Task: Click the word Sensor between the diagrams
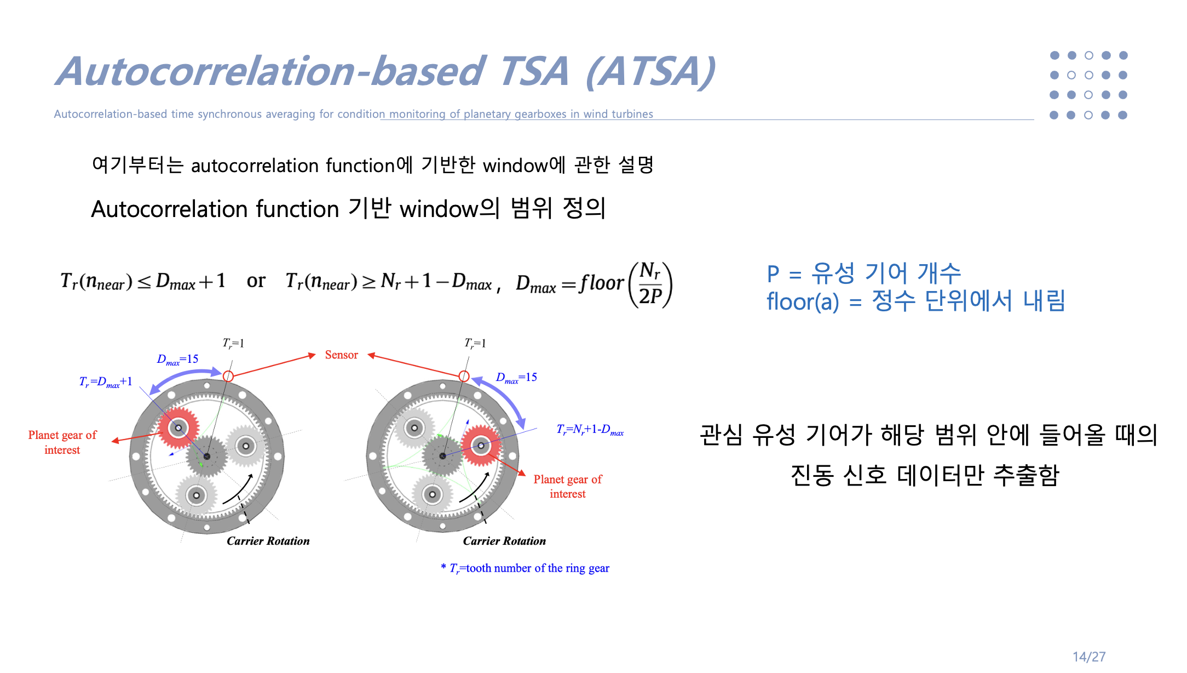(x=341, y=355)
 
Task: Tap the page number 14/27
(x=1088, y=657)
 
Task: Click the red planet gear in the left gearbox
(x=178, y=427)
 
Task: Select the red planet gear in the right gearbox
(x=481, y=446)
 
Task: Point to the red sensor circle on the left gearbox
(x=228, y=376)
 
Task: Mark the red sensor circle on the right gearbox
(x=464, y=376)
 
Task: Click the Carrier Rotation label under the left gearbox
(x=268, y=541)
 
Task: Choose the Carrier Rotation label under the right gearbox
(x=504, y=541)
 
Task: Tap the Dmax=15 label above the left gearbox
(x=177, y=360)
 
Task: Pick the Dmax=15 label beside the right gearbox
(x=516, y=378)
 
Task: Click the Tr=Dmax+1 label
(x=106, y=382)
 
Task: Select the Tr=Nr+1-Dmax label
(x=590, y=430)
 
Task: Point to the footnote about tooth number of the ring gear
(x=525, y=568)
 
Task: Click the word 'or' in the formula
(x=256, y=281)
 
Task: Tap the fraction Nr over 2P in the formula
(x=650, y=284)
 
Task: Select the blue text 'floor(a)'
(x=802, y=301)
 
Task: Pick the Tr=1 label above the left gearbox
(x=233, y=344)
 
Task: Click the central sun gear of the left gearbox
(x=206, y=456)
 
